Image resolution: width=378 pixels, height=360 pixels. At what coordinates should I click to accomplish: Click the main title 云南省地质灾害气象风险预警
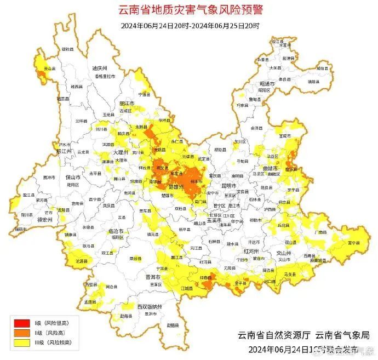(x=190, y=10)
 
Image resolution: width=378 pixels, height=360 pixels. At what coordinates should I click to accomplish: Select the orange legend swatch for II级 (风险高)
(x=21, y=333)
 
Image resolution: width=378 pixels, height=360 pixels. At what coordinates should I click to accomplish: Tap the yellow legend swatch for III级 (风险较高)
(x=21, y=342)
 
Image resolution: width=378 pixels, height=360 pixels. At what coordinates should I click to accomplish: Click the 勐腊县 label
(x=173, y=325)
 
